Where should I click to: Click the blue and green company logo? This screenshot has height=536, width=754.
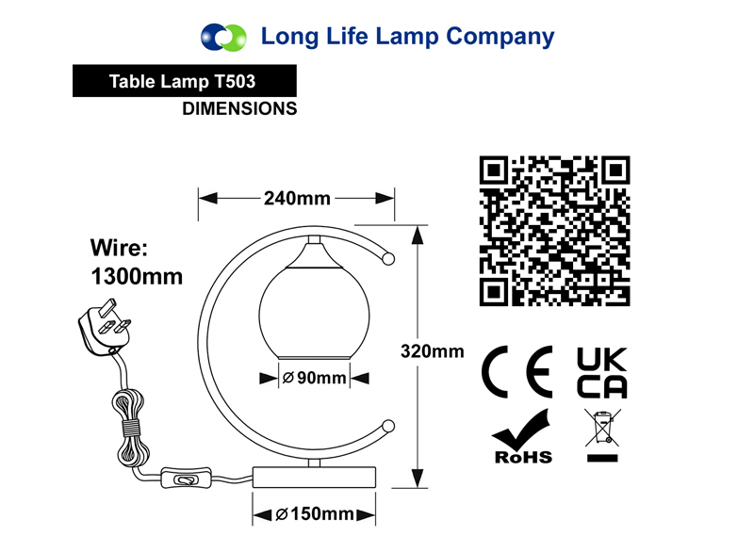[223, 37]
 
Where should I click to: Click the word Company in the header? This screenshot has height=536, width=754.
[500, 37]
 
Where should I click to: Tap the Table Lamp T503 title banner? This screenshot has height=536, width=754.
[184, 81]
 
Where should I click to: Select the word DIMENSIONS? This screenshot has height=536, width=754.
[239, 108]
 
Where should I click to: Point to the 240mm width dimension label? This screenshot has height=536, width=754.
[297, 198]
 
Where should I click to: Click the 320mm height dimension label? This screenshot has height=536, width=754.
[433, 351]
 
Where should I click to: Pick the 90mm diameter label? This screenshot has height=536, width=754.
[315, 378]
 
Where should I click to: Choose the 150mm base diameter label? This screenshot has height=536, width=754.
[315, 514]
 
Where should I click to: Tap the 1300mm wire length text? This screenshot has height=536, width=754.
[137, 277]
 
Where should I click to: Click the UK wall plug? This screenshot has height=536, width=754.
[104, 327]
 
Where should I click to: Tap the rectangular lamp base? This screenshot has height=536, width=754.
[314, 477]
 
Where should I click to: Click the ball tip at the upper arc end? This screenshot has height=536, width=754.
[388, 259]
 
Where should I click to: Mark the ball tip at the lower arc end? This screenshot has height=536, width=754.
[388, 426]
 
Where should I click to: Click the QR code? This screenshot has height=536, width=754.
[554, 231]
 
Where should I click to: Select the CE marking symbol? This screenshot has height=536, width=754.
[517, 371]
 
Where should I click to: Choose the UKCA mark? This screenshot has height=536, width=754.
[602, 372]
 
